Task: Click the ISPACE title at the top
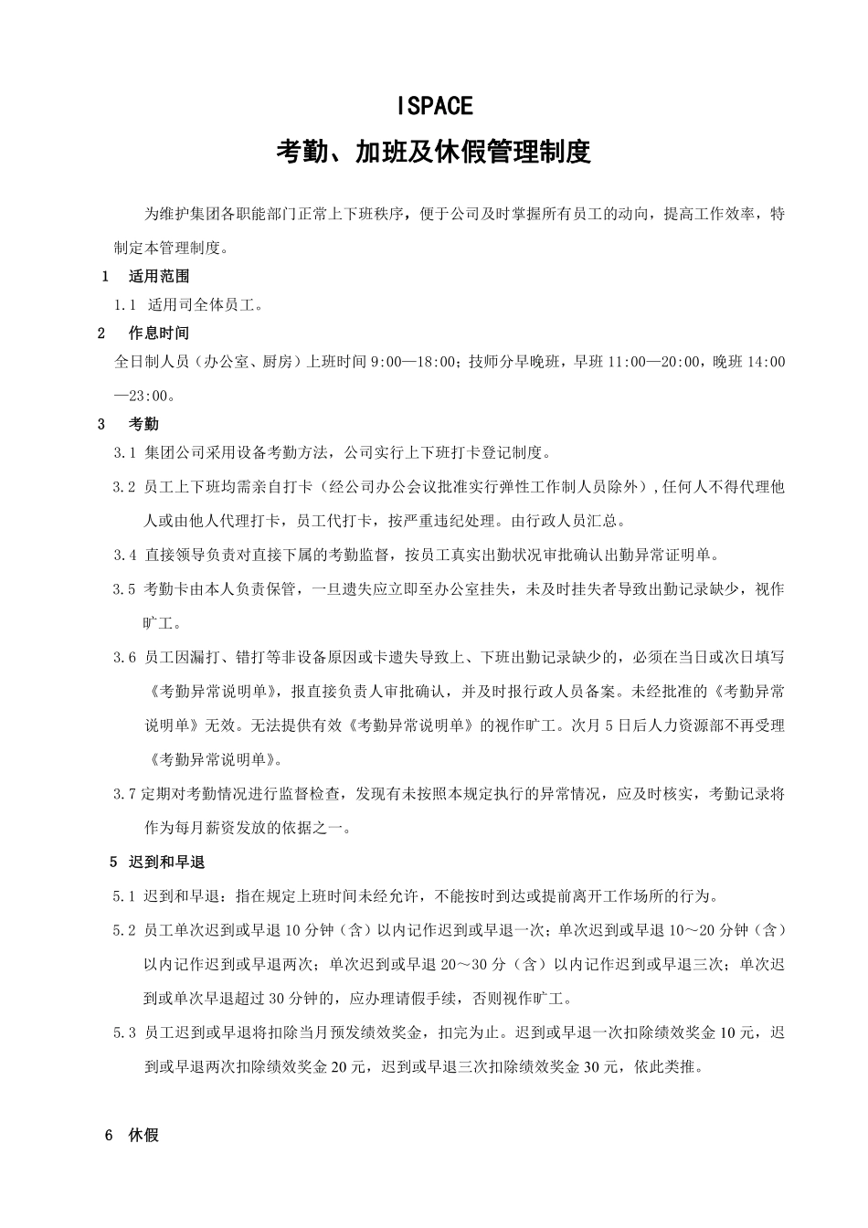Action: point(435,106)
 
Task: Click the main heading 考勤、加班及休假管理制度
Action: point(434,152)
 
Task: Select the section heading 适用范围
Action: point(159,276)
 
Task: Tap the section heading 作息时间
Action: point(159,333)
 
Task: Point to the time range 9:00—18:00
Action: point(413,362)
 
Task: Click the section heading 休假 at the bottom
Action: point(144,1136)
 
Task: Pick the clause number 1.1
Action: point(125,305)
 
